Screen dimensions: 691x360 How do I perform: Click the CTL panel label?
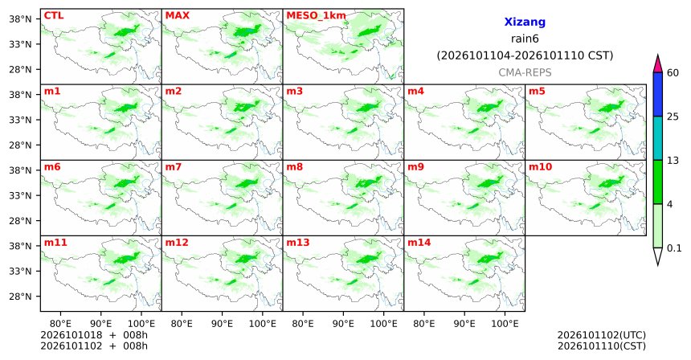[x=54, y=16]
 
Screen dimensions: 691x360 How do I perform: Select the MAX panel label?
[x=177, y=16]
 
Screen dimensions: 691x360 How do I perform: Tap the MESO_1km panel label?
[x=316, y=16]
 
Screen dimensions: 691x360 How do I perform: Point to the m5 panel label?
[x=537, y=92]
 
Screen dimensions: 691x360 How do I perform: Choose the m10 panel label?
[x=540, y=167]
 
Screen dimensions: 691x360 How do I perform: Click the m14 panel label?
[x=419, y=243]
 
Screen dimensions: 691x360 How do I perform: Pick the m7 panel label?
[x=174, y=167]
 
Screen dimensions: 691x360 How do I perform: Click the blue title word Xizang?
[x=525, y=22]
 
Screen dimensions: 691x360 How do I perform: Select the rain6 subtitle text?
[x=525, y=39]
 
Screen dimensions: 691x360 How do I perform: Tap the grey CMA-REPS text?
[x=525, y=72]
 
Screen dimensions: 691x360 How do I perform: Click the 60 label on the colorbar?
[x=673, y=72]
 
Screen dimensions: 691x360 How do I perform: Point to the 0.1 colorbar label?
[x=674, y=248]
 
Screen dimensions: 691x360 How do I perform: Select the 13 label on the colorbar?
[x=673, y=161]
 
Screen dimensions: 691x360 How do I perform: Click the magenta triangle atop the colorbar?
[x=658, y=63]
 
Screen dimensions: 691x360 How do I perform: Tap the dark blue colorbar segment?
[x=658, y=94]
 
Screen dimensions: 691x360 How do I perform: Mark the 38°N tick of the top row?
[x=20, y=19]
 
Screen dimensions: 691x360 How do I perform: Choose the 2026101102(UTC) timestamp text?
[x=602, y=335]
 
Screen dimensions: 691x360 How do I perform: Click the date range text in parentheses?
[x=525, y=55]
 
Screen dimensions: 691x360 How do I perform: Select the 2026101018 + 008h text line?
[x=94, y=335]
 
